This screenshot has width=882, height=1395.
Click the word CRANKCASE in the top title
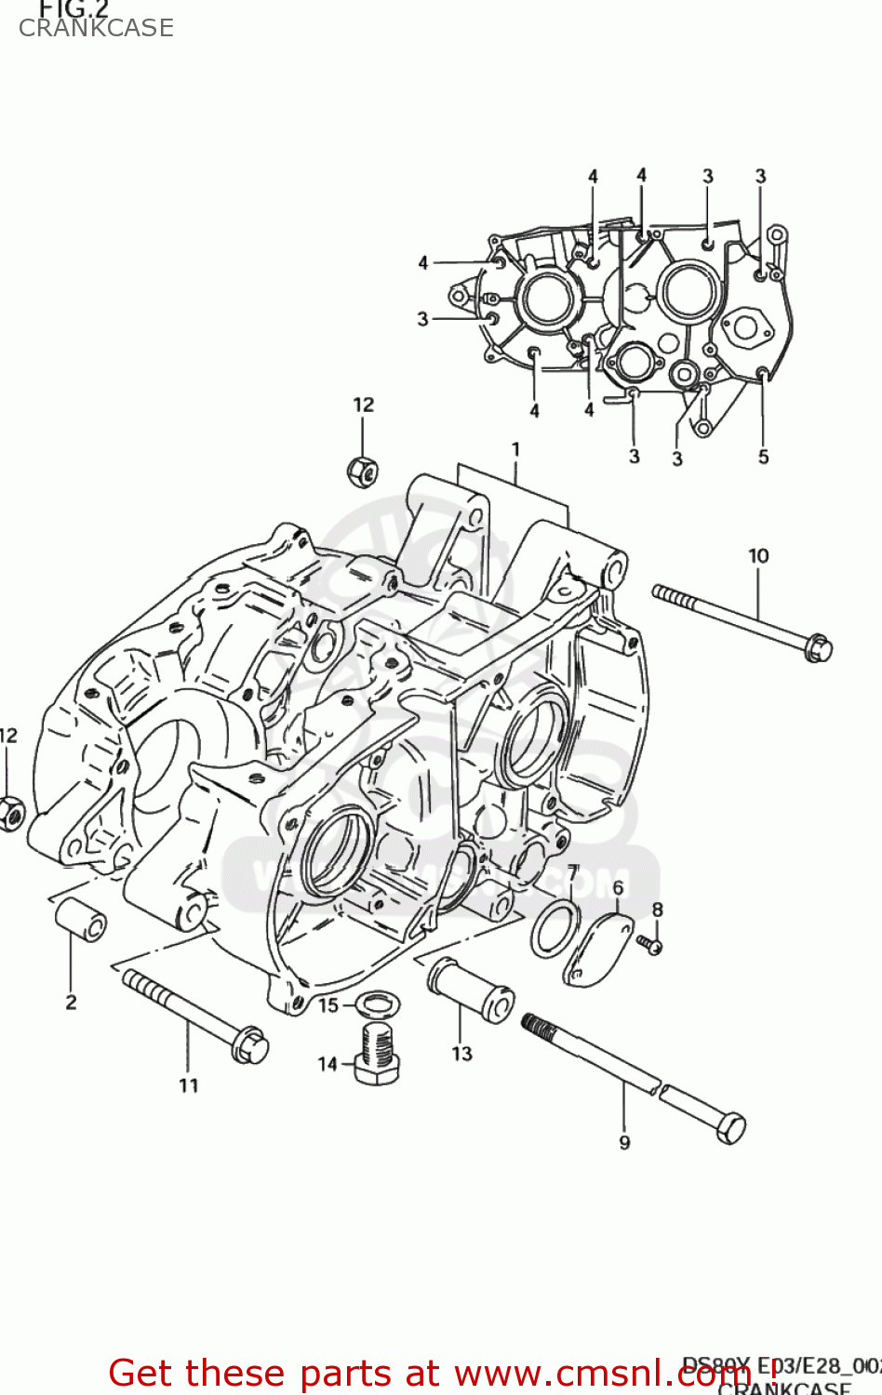click(96, 28)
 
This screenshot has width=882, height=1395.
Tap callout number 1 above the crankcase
click(515, 450)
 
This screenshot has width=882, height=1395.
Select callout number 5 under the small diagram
click(763, 457)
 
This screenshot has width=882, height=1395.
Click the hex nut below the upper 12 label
click(362, 472)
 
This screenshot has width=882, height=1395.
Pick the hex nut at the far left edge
click(10, 814)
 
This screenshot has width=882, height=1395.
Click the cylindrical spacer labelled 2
click(80, 918)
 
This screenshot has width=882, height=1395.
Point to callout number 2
click(72, 1002)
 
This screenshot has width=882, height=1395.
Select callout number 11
click(189, 1085)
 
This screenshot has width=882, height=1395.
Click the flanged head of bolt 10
click(816, 647)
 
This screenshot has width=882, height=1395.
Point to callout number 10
click(758, 556)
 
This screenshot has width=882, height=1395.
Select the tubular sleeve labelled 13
click(471, 991)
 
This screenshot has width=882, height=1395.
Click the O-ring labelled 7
click(555, 927)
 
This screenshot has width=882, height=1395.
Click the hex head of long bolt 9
click(730, 1128)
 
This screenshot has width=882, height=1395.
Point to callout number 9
click(624, 1142)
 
